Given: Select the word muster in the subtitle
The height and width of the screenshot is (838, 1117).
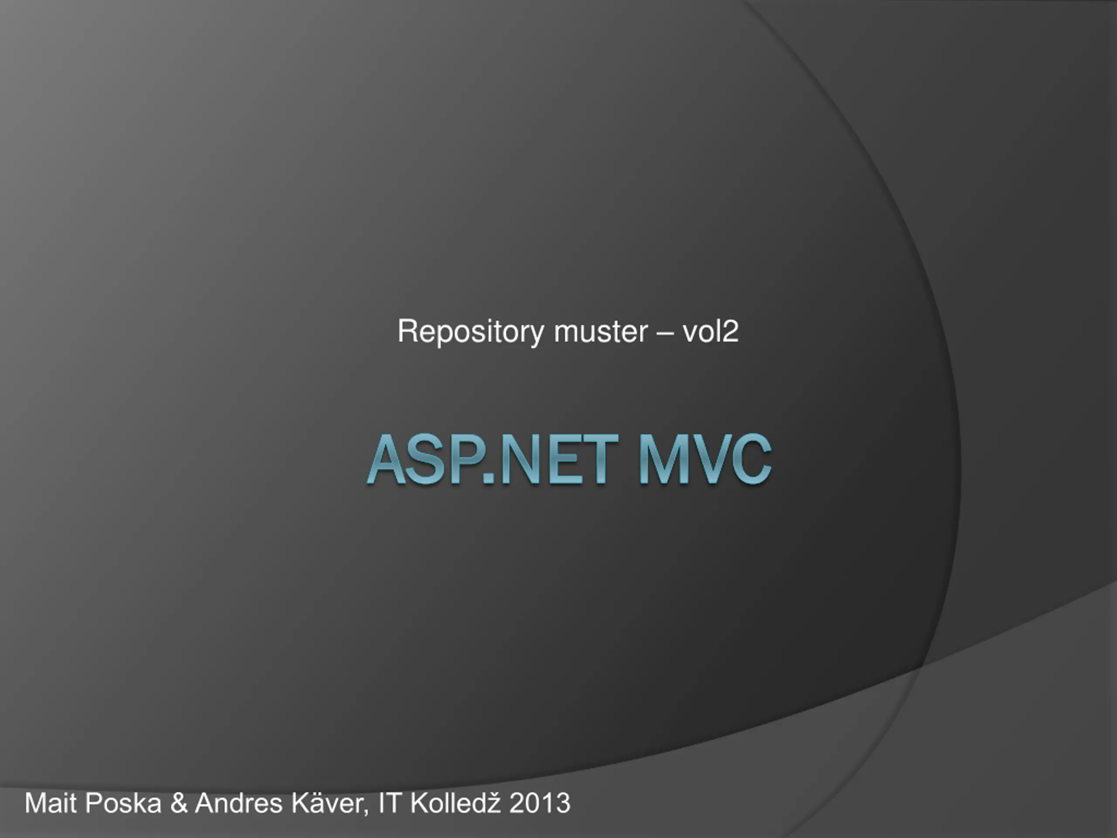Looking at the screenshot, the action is [601, 332].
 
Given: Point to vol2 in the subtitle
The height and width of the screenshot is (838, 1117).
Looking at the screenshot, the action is [710, 331].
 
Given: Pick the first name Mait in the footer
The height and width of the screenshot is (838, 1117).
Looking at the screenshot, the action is [50, 803].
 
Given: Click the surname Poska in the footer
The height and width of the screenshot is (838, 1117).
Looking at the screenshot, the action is [123, 803].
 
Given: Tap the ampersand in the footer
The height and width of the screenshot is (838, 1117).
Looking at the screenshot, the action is [179, 803].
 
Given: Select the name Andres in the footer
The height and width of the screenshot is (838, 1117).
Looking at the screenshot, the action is [239, 803].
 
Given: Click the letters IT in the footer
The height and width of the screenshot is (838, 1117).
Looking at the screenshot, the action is [389, 803].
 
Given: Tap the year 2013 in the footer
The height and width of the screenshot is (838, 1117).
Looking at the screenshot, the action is [540, 803].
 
